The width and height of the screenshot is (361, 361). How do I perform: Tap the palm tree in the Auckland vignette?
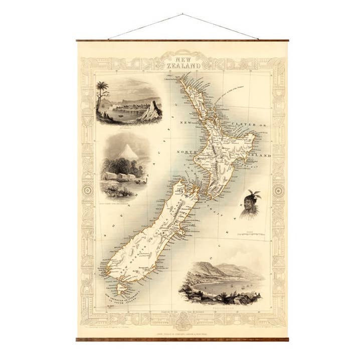point(102,90)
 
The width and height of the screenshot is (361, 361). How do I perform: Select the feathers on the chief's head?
point(254,195)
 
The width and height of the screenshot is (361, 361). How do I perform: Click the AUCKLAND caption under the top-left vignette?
point(122,128)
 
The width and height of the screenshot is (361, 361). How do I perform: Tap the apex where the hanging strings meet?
point(183,15)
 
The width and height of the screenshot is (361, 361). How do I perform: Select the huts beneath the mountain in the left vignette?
point(118,176)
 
